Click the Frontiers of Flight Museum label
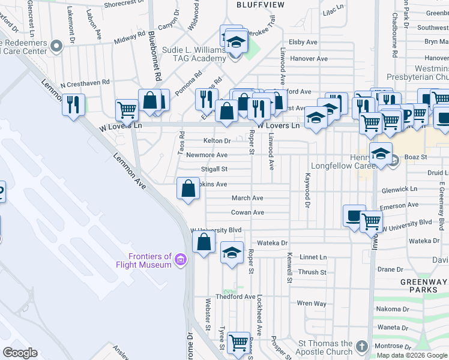tap(143, 260)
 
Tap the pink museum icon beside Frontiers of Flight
tap(181, 260)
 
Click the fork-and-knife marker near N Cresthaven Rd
tap(73, 106)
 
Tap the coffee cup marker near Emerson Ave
tap(354, 215)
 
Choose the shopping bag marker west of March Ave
tap(188, 189)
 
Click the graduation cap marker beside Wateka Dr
tap(232, 253)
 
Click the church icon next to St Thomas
tap(361, 347)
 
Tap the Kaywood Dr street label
tap(307, 191)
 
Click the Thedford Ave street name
tap(236, 296)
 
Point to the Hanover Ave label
tap(309, 59)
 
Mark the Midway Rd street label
tap(130, 38)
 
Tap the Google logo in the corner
tap(20, 353)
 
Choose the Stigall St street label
tap(214, 170)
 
